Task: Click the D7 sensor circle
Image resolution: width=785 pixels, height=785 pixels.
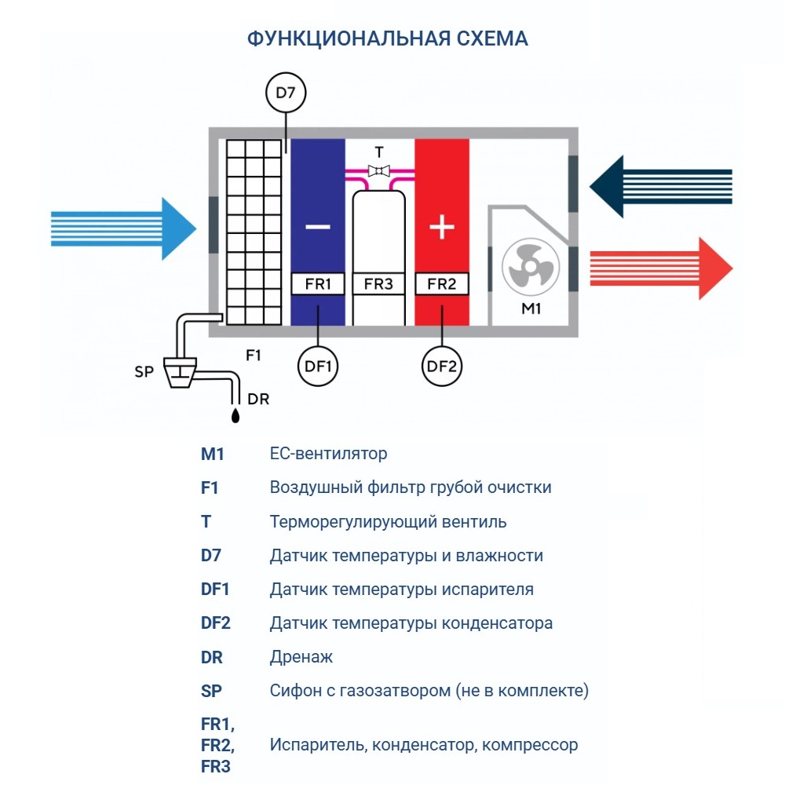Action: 286,95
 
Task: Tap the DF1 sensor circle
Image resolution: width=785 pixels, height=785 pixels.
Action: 317,365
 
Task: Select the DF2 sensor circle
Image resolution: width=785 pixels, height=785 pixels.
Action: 442,365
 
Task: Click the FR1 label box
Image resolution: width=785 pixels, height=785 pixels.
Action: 318,284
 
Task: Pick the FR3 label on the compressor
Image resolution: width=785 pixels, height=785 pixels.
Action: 379,284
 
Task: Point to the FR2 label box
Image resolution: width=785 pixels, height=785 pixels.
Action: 442,284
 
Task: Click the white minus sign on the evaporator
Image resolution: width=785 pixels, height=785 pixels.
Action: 318,228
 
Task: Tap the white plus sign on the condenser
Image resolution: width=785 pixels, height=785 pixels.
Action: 442,228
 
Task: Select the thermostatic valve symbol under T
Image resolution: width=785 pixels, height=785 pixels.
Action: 379,170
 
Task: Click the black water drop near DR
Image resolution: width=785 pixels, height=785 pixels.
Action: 235,413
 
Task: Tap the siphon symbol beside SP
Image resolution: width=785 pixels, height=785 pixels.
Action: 181,371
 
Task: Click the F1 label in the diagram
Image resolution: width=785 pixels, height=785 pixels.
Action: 253,356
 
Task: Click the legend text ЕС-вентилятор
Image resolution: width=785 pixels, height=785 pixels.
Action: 328,454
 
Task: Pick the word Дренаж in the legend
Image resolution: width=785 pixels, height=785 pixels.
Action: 301,657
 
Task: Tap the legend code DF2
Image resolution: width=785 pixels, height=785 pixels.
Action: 216,623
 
